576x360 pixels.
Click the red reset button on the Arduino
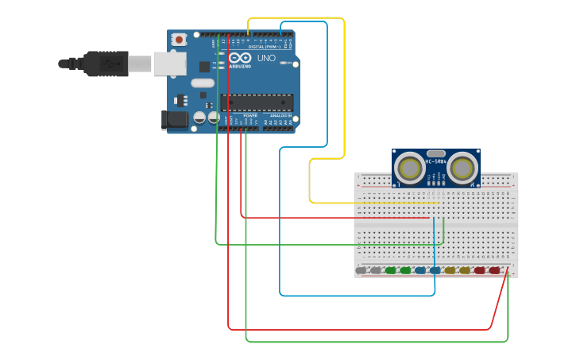pos(180,39)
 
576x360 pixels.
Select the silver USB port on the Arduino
pos(169,64)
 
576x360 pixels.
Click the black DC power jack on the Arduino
pos(175,120)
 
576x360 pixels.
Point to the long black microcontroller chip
pos(256,102)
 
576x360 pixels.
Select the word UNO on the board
pos(266,58)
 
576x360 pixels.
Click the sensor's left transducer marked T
pos(410,168)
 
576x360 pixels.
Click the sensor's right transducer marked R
pos(463,168)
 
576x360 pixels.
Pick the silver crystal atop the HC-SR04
pos(436,153)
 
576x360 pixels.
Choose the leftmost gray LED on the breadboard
pos(361,270)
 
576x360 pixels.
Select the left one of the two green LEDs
pos(390,270)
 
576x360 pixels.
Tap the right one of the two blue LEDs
pos(435,270)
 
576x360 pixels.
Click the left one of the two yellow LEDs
pos(450,270)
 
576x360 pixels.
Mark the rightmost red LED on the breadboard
pos(494,270)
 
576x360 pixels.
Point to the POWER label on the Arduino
pos(250,115)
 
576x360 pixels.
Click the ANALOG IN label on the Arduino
pos(280,115)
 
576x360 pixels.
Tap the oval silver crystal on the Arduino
pos(203,83)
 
